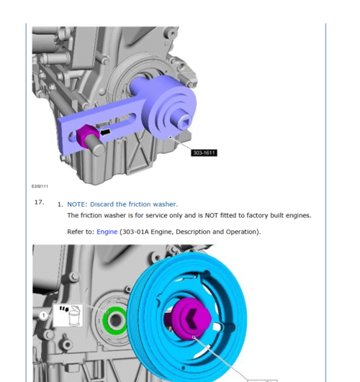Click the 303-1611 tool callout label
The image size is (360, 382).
(204, 153)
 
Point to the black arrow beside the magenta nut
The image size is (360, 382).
(105, 132)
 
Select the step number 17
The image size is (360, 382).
(40, 204)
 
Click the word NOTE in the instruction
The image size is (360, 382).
(78, 204)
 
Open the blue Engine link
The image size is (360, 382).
(107, 232)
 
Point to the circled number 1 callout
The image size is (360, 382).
(43, 315)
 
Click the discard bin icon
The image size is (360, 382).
(72, 314)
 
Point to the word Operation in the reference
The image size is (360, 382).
(242, 232)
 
